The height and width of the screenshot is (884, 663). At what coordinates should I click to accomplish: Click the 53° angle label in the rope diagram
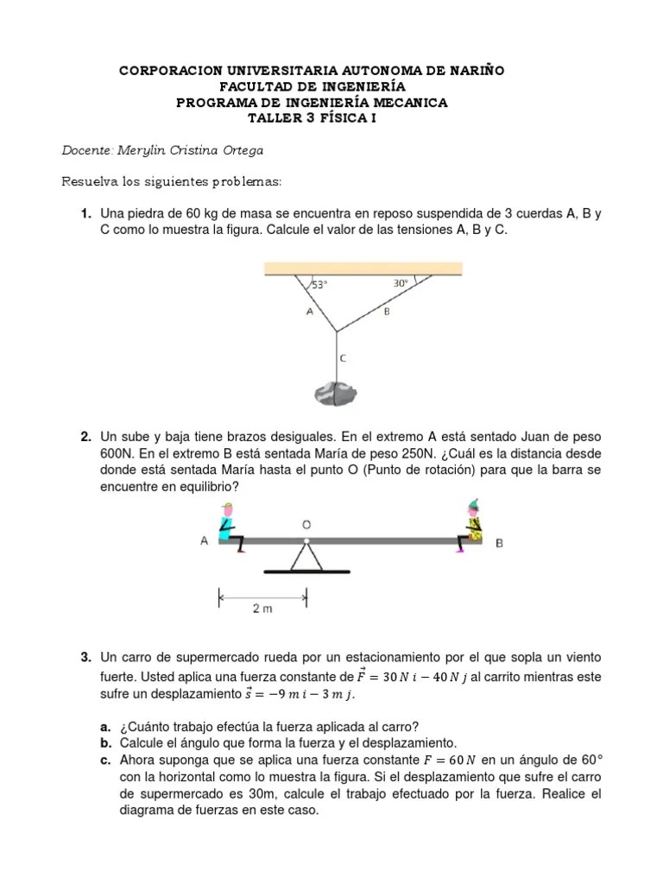pos(320,284)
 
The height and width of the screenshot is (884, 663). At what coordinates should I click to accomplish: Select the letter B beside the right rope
pos(387,312)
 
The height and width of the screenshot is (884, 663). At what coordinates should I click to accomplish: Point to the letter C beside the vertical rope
pos(344,357)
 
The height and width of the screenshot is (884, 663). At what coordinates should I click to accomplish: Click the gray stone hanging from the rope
pos(333,393)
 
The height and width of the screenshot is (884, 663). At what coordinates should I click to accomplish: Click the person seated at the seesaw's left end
pos(229,525)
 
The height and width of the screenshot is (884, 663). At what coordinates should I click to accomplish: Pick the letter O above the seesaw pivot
pos(306,523)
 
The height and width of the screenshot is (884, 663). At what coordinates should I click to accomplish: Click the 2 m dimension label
pos(262,609)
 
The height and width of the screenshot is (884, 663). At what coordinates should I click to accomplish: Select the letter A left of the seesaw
pos(204,541)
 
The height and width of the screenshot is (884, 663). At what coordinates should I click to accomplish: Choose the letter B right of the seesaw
pos(499,543)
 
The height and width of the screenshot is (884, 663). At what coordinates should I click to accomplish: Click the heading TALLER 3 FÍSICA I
pos(312,119)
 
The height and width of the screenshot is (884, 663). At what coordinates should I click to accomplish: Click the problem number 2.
pos(86,438)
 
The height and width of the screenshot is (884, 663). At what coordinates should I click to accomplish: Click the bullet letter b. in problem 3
pos(106,742)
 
